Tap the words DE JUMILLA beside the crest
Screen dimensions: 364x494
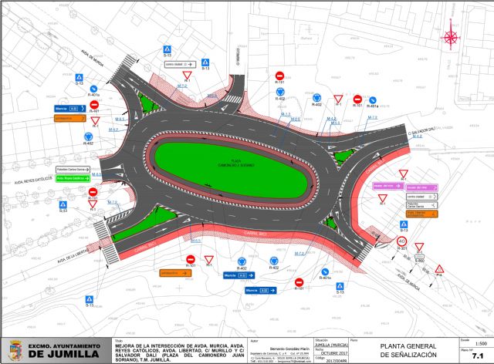tap(62, 356)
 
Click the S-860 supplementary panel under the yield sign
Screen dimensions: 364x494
tap(420, 260)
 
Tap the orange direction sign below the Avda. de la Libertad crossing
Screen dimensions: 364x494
tap(174, 272)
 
